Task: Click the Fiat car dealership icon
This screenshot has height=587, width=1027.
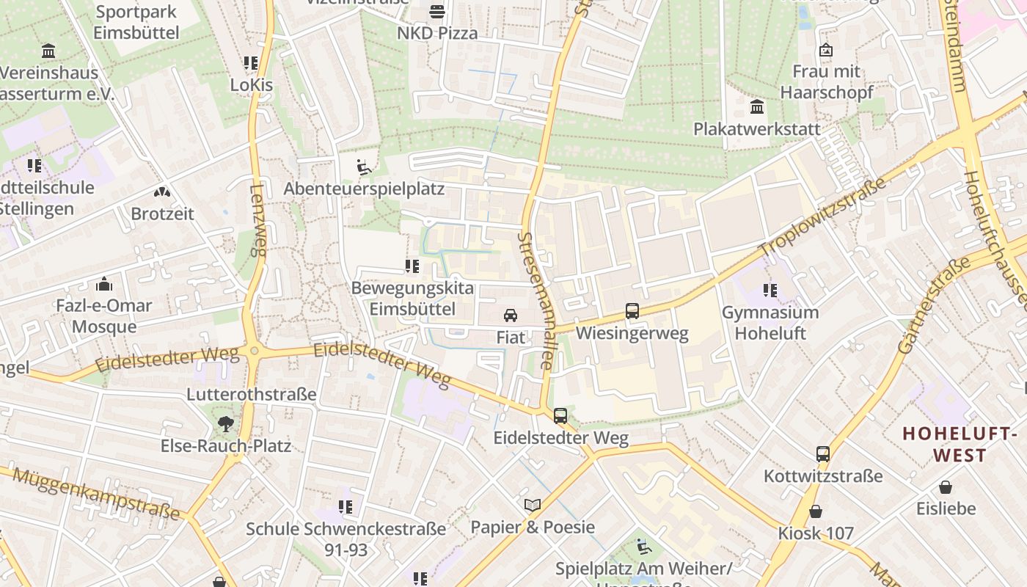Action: click(x=511, y=316)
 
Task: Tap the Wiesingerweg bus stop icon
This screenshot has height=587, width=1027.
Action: click(x=632, y=311)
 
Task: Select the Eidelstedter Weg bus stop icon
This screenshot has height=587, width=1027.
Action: click(x=560, y=416)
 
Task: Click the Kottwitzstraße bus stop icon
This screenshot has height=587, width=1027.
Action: click(x=823, y=454)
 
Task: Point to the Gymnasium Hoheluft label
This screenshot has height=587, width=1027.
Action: click(x=770, y=323)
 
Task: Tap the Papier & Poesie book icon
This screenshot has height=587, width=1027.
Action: click(x=533, y=505)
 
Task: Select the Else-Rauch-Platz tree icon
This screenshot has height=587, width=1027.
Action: click(x=226, y=423)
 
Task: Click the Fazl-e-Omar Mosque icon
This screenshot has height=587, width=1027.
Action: click(x=104, y=284)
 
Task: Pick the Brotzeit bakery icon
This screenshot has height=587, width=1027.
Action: click(x=162, y=192)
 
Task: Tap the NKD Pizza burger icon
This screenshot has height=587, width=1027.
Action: click(x=437, y=12)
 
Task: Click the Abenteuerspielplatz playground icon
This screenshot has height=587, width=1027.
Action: click(x=364, y=167)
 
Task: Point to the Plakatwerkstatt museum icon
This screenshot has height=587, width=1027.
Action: click(x=757, y=107)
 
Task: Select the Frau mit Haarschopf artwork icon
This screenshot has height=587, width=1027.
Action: click(x=826, y=50)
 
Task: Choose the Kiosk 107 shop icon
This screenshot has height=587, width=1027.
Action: click(x=816, y=511)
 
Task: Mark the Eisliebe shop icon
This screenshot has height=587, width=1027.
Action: click(x=946, y=486)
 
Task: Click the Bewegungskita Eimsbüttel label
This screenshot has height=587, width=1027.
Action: click(x=412, y=299)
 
